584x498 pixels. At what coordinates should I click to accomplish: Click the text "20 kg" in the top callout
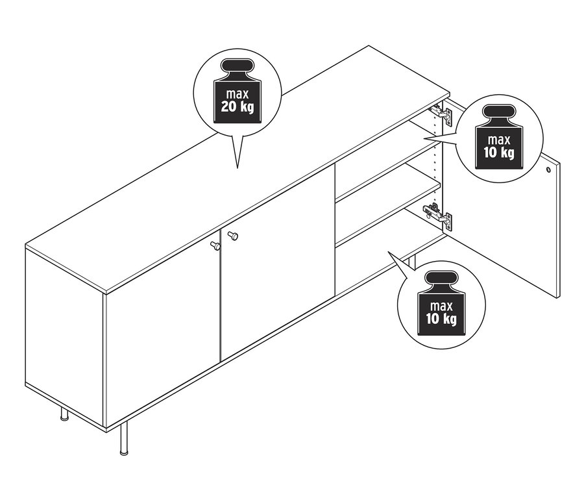coord(237,107)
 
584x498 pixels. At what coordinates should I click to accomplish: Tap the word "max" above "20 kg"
coord(237,93)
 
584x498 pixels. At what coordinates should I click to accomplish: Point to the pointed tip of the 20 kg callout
coord(237,168)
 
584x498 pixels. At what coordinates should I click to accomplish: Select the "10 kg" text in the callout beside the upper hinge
coord(499,153)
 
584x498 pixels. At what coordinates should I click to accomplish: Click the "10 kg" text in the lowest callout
coord(441,319)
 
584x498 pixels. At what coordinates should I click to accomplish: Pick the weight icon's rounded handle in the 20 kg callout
coord(237,67)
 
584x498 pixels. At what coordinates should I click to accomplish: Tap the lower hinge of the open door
coord(439,216)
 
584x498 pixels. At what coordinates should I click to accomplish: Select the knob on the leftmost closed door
coord(215,245)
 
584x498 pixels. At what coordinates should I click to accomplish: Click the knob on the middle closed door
coord(233,236)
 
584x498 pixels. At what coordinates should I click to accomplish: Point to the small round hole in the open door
coord(548,170)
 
